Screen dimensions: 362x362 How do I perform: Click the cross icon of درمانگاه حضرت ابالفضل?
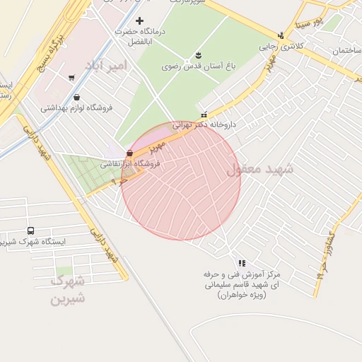pyautogui.click(x=139, y=21)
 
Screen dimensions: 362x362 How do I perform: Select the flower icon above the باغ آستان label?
pyautogui.click(x=198, y=54)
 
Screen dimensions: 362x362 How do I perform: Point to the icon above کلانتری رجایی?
pyautogui.click(x=281, y=35)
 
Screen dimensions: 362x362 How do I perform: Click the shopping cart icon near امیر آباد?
pyautogui.click(x=71, y=78)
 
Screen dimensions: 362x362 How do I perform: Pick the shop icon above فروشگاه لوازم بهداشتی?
pyautogui.click(x=76, y=98)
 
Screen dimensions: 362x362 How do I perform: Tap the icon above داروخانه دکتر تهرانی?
pyautogui.click(x=204, y=115)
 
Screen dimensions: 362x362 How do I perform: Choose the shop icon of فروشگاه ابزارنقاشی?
pyautogui.click(x=129, y=153)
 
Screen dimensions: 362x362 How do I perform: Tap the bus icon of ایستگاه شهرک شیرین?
pyautogui.click(x=30, y=230)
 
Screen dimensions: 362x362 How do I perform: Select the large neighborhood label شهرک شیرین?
pyautogui.click(x=68, y=288)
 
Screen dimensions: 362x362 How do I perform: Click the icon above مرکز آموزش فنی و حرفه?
pyautogui.click(x=242, y=262)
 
